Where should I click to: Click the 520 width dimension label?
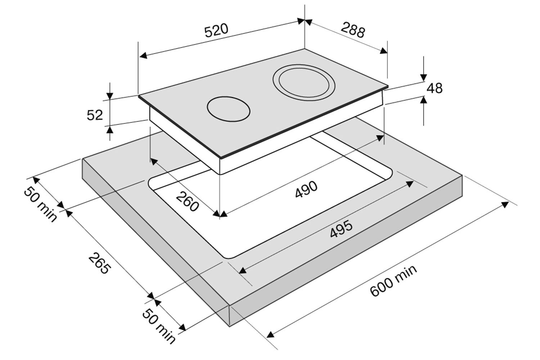point(217,30)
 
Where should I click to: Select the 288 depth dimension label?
point(353,31)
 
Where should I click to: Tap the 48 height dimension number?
point(435,88)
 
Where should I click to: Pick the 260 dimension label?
point(188,201)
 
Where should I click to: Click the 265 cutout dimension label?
point(99,264)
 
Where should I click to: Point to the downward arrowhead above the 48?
point(424,78)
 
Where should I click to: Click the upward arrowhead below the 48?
point(424,100)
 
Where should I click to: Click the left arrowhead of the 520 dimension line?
point(143,55)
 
